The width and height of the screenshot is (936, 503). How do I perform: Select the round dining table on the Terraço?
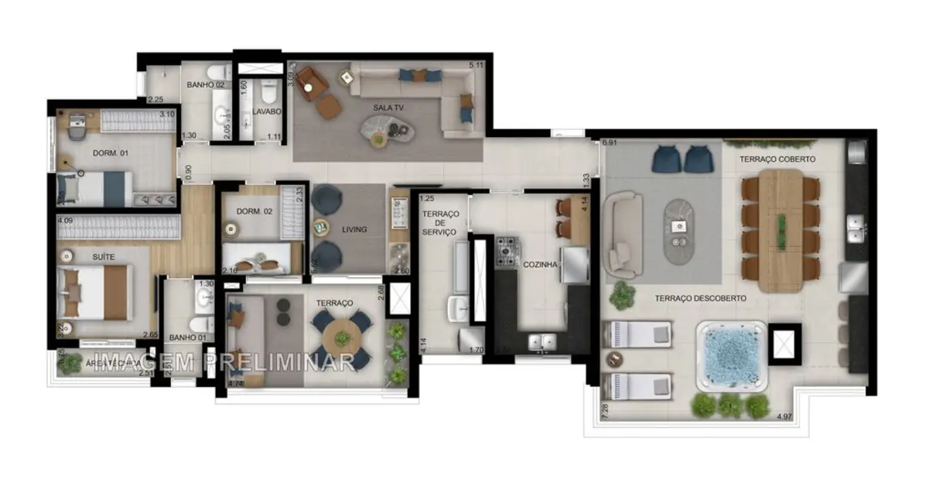pyautogui.click(x=341, y=338)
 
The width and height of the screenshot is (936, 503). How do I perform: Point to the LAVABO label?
pyautogui.click(x=266, y=111)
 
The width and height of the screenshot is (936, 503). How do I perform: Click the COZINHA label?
pyautogui.click(x=540, y=264)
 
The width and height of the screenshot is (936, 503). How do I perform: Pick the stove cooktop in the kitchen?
pyautogui.click(x=508, y=252)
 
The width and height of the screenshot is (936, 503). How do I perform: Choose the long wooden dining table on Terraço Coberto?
pyautogui.click(x=781, y=230)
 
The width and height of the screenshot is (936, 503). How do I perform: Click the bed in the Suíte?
pyautogui.click(x=94, y=292)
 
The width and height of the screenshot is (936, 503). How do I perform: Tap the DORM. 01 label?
pyautogui.click(x=110, y=153)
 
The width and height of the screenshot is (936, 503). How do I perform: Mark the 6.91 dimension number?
pyautogui.click(x=610, y=143)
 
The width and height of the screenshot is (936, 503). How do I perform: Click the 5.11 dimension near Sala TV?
pyautogui.click(x=476, y=66)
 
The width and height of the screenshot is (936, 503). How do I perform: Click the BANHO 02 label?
pyautogui.click(x=205, y=85)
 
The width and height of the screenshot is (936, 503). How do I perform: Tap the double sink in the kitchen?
pyautogui.click(x=541, y=341)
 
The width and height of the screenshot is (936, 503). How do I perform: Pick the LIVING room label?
pyautogui.click(x=354, y=230)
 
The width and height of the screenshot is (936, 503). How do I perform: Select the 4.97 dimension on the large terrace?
pyautogui.click(x=785, y=417)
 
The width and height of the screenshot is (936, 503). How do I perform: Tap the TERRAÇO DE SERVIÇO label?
pyautogui.click(x=442, y=223)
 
